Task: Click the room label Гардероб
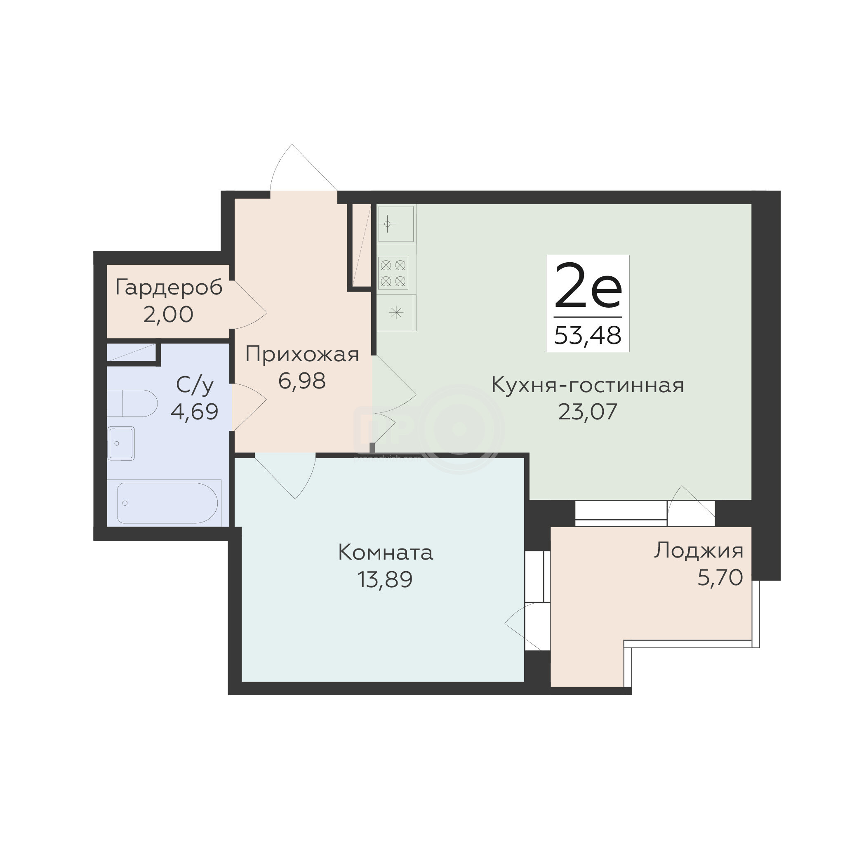[x=169, y=288]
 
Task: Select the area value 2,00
[x=168, y=315]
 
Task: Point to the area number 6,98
[x=302, y=381]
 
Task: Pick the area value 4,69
[x=195, y=412]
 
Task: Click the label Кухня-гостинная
[x=588, y=386]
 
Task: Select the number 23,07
[x=588, y=412]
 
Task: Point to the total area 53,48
[x=588, y=336]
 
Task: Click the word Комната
[x=386, y=553]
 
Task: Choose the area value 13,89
[x=386, y=579]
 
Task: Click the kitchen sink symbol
[x=396, y=224]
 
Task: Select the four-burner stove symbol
[x=393, y=273]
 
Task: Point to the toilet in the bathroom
[x=132, y=403]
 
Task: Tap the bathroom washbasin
[x=121, y=443]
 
